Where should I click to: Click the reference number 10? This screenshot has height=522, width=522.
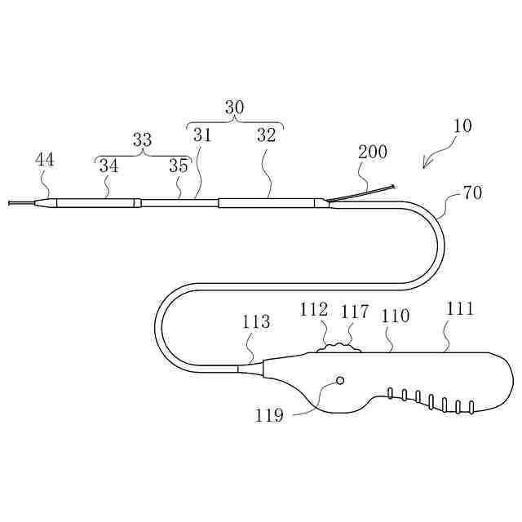point(462,126)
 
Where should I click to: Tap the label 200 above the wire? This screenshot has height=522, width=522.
point(372,152)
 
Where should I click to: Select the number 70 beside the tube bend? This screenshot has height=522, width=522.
point(471,193)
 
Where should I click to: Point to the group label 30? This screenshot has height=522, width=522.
point(234,108)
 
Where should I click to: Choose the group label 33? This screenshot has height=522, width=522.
point(142,140)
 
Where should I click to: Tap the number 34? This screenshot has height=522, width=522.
point(108,166)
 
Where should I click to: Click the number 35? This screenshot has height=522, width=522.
point(179,166)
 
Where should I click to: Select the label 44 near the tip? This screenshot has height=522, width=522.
point(45,160)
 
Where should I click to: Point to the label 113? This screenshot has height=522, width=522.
point(255,322)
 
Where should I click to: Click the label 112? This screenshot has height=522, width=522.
point(314,310)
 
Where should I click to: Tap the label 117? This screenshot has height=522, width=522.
point(354,312)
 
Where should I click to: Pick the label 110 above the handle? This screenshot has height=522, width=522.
point(395,316)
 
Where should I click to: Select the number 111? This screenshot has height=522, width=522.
point(460,309)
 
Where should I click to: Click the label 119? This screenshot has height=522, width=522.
point(268,415)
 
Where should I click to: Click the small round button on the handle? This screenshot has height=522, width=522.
point(340,381)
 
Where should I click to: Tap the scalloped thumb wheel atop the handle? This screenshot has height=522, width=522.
point(338,348)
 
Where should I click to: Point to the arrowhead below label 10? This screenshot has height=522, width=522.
point(426,166)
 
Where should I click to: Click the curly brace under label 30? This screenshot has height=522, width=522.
point(235,123)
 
